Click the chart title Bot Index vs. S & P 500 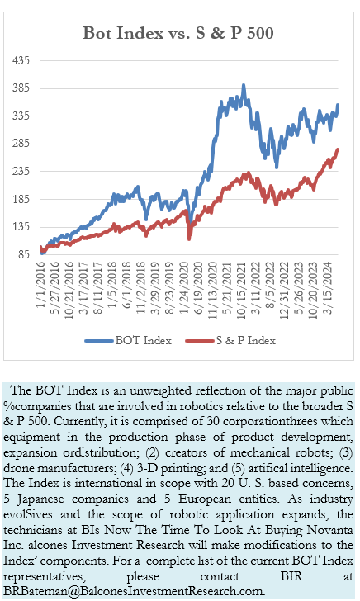point(178,34)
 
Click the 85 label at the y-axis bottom point(24,255)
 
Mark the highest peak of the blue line point(243,84)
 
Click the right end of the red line point(338,149)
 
